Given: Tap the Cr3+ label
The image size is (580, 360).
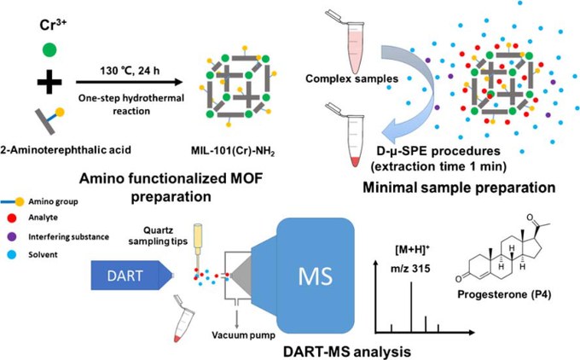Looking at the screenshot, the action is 53,26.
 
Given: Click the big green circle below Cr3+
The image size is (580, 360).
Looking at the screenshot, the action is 49,49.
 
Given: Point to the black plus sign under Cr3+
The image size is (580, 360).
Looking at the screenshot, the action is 49,82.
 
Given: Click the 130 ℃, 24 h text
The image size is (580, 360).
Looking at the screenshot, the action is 130,70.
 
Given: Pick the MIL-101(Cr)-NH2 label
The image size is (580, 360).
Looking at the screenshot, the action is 233,151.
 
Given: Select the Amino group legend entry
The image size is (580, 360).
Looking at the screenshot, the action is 39,201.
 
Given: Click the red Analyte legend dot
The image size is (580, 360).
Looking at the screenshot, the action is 12,218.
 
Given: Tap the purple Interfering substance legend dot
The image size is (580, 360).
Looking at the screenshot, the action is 12,236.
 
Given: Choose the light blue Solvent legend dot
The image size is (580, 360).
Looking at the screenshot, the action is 12,254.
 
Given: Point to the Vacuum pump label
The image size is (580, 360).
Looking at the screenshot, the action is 243,335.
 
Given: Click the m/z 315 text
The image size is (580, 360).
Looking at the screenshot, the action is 410,268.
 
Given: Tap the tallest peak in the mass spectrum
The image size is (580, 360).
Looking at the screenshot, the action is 411,307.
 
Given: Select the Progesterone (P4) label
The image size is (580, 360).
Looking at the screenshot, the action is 504,294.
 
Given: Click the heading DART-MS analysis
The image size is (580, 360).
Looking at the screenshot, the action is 347,351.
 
